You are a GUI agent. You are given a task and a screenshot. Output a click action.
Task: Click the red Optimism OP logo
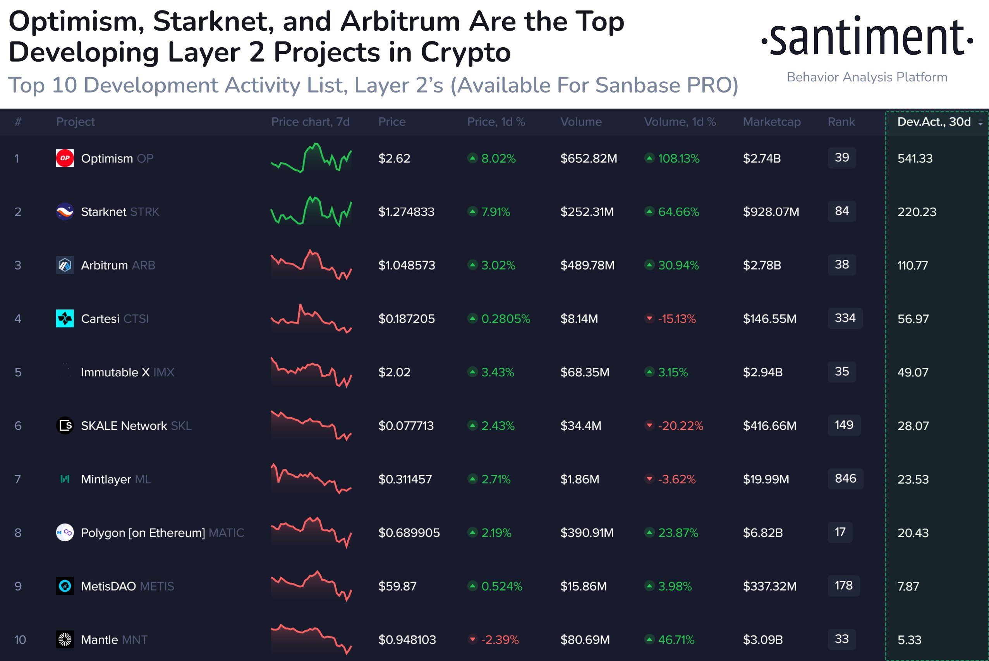tap(65, 158)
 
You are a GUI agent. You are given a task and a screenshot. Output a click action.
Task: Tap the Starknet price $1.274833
tap(406, 212)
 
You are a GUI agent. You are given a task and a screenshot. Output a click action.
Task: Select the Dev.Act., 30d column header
tap(934, 122)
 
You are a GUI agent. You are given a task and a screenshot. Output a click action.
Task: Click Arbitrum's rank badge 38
tap(841, 265)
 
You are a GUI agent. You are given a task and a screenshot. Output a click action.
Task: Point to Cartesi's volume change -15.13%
tap(676, 319)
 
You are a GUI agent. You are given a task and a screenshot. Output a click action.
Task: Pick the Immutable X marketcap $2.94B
tap(762, 372)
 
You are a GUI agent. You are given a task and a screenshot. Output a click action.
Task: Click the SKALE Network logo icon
tap(65, 425)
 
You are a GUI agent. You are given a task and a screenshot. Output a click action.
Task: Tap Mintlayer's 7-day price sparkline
tap(311, 479)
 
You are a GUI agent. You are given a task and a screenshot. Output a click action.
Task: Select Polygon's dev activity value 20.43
tap(913, 533)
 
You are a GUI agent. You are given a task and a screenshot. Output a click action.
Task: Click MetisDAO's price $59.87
tap(397, 586)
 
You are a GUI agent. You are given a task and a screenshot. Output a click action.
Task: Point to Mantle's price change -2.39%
tap(500, 639)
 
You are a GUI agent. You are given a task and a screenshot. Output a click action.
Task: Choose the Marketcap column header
tap(771, 122)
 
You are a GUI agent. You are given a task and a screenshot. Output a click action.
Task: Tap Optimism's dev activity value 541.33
tap(915, 158)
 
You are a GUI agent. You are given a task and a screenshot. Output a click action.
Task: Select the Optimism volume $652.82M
tap(589, 158)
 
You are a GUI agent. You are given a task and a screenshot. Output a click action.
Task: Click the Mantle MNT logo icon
tap(65, 639)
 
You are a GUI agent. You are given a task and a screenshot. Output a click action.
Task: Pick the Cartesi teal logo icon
tap(65, 318)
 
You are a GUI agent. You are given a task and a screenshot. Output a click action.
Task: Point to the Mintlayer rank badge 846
tap(845, 479)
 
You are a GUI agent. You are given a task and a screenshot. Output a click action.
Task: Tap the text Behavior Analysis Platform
tap(867, 77)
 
